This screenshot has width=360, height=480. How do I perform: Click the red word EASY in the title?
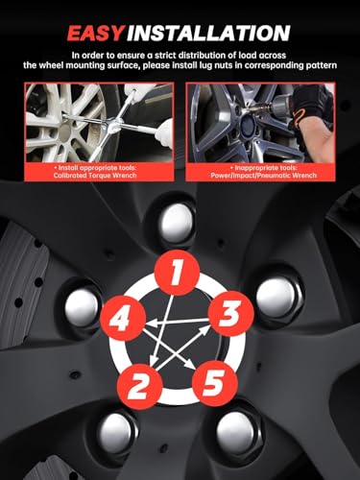[x=96, y=33]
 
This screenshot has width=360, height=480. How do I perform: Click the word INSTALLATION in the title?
[x=209, y=33]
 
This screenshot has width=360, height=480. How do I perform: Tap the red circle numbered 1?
[x=177, y=273]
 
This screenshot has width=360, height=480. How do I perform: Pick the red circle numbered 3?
[x=231, y=313]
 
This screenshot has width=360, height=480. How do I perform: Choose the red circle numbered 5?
[x=214, y=383]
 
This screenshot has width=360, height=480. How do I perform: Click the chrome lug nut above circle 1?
[x=177, y=223]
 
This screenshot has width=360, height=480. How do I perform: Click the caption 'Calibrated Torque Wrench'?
[x=95, y=176]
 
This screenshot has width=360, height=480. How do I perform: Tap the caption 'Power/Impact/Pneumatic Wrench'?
[x=264, y=176]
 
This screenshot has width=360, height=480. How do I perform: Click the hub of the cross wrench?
[x=113, y=127]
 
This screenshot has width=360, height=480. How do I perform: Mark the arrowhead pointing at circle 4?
[x=151, y=324]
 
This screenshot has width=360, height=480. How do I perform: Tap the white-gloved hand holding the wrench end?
[x=164, y=132]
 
